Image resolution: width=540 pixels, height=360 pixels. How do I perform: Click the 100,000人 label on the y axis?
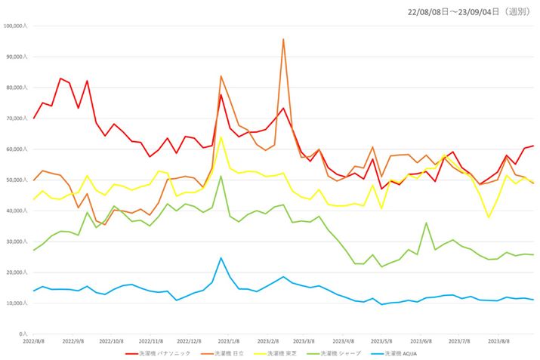point(15,26)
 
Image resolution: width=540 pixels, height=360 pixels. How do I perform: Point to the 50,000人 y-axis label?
point(17,180)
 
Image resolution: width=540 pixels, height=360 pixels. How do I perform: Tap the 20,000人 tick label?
point(17,272)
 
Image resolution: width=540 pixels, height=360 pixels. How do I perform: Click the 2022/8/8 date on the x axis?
point(34,341)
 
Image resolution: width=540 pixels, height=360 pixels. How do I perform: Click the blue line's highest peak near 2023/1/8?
point(221,258)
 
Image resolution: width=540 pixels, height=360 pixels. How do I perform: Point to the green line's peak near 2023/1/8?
point(221,176)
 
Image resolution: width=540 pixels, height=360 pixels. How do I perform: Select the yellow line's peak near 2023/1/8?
point(221,137)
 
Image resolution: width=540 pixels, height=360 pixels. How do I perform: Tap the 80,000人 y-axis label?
point(17,88)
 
